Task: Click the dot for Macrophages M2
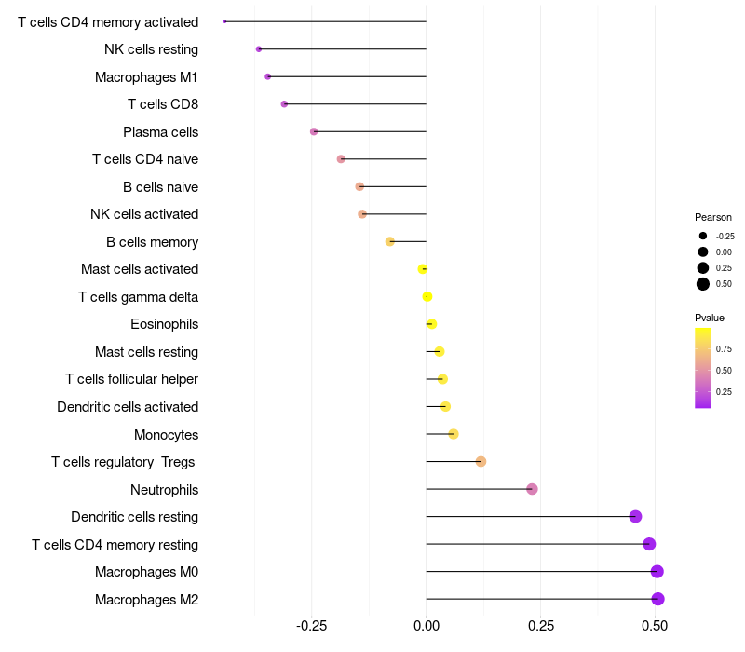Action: pos(657,599)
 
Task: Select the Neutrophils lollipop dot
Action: pos(532,489)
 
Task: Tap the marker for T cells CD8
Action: pos(284,104)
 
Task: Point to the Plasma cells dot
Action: pos(314,131)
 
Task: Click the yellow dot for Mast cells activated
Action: pos(423,269)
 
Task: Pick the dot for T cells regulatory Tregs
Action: pos(481,462)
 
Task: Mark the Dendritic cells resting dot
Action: pos(635,517)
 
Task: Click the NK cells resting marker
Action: pos(259,49)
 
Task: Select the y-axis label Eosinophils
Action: pos(164,324)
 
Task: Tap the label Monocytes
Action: pos(166,435)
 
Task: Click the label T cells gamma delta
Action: pos(138,297)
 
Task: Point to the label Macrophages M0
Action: pos(146,572)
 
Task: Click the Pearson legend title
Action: pos(713,217)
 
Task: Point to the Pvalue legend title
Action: pos(710,318)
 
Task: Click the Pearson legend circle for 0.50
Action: pos(703,284)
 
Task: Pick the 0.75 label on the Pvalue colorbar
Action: pos(724,349)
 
